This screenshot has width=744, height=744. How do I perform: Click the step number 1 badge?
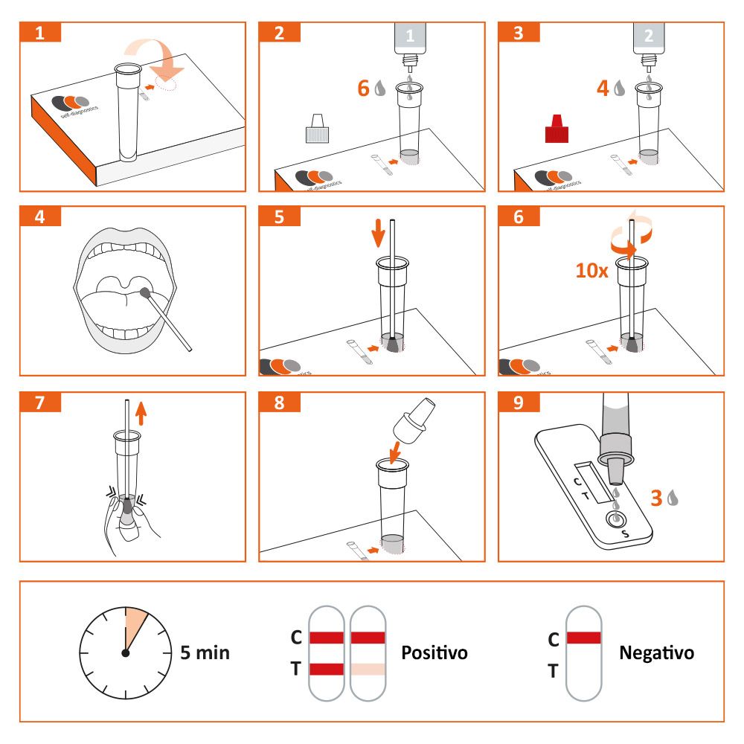(x=40, y=33)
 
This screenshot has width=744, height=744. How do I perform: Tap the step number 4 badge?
(x=40, y=217)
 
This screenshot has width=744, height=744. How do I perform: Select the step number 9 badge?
(x=519, y=403)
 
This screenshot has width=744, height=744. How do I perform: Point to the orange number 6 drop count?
(x=364, y=88)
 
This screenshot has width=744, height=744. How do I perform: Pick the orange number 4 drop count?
(x=603, y=88)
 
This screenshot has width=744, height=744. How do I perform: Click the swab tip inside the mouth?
(x=145, y=295)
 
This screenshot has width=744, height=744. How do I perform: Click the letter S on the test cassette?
(x=625, y=534)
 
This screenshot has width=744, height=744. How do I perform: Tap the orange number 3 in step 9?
(x=656, y=498)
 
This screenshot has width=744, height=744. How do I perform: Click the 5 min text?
(x=205, y=653)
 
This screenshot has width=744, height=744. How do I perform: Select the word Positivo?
(x=434, y=653)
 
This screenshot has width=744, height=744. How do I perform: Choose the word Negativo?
(x=656, y=653)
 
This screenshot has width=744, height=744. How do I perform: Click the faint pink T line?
(x=368, y=669)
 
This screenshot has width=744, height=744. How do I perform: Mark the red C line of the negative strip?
(x=583, y=638)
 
